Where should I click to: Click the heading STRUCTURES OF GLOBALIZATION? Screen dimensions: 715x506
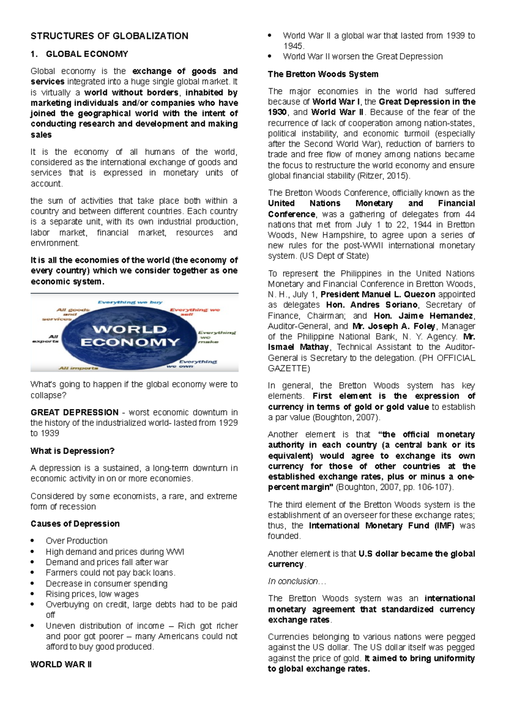(109, 36)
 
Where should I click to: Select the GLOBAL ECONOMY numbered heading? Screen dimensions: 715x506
(86, 54)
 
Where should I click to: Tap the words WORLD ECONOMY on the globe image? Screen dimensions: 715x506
(130, 336)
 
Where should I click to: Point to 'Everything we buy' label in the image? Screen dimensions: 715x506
(130, 302)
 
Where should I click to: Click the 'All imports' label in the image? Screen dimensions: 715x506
(78, 368)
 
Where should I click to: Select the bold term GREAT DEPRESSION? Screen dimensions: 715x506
(74, 412)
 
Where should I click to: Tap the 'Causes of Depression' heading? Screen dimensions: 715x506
(75, 524)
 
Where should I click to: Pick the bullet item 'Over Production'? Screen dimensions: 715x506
(77, 541)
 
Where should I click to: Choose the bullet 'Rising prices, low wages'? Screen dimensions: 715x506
(92, 594)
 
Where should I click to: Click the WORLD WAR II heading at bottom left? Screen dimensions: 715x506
(61, 664)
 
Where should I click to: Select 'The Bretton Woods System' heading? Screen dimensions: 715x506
(323, 74)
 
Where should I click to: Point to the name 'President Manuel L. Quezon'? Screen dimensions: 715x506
(378, 294)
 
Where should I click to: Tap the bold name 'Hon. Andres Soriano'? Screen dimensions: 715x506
(372, 305)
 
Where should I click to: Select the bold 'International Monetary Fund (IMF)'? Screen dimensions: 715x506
(382, 526)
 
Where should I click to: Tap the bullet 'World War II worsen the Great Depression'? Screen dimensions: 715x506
(363, 56)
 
